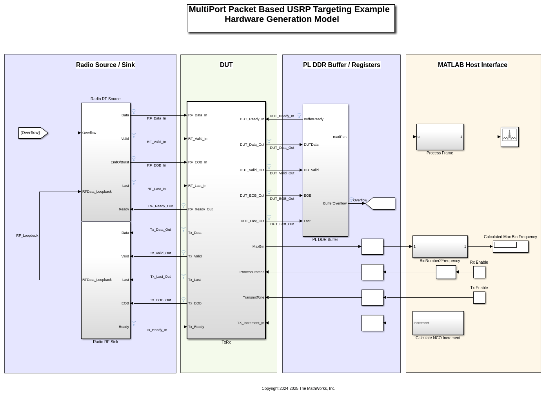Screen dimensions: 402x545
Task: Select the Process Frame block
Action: (440, 137)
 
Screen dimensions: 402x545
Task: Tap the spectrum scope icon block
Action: (509, 137)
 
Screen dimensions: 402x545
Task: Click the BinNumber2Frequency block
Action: (440, 246)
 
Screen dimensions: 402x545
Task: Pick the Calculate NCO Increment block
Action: (438, 323)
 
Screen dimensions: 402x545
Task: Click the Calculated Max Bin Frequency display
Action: (510, 246)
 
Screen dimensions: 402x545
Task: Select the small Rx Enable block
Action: (479, 272)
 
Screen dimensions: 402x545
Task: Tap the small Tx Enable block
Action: (479, 297)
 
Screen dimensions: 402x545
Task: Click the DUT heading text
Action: (226, 65)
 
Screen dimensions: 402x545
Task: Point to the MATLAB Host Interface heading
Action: (472, 65)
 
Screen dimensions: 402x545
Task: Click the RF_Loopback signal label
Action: (27, 235)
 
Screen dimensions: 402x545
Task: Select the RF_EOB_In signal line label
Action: (156, 165)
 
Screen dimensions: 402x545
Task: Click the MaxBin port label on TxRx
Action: (258, 246)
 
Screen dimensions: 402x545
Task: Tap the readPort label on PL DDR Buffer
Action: (340, 137)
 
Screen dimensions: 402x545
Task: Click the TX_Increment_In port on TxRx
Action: (251, 323)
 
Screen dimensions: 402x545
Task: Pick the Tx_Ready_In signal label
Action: (156, 330)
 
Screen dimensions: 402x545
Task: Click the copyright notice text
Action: (298, 389)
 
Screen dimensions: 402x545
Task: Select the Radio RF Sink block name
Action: (105, 342)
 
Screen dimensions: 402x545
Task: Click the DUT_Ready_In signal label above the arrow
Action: (282, 116)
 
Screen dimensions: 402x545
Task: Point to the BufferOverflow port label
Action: (334, 203)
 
